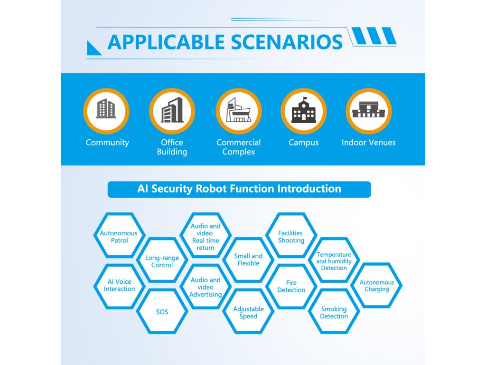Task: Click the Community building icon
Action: pyautogui.click(x=106, y=111)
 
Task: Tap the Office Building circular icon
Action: pyautogui.click(x=172, y=111)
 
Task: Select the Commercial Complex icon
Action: pyautogui.click(x=239, y=111)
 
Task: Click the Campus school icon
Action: pyautogui.click(x=304, y=111)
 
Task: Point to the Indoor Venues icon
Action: pyautogui.click(x=369, y=111)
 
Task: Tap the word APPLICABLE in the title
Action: pyautogui.click(x=166, y=42)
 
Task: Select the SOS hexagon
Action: pyautogui.click(x=162, y=311)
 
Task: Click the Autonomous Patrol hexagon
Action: pyautogui.click(x=119, y=235)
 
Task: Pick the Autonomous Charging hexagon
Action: pyautogui.click(x=376, y=285)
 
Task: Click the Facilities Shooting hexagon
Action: pyautogui.click(x=291, y=235)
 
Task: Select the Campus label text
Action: pyautogui.click(x=304, y=143)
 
